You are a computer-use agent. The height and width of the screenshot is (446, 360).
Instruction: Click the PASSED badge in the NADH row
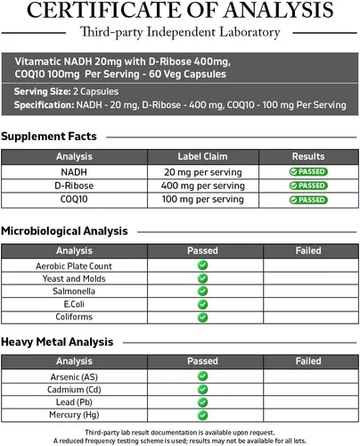click(308, 171)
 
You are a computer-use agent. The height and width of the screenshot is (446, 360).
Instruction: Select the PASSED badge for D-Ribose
click(308, 186)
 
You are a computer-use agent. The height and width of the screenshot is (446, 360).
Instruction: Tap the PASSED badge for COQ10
click(308, 200)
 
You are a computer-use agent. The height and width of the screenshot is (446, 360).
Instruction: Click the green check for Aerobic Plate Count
click(202, 266)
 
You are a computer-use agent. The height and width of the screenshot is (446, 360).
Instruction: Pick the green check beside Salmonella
click(202, 291)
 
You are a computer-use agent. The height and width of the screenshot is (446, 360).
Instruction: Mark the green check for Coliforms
click(202, 317)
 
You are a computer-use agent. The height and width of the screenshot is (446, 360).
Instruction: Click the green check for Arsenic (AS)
click(202, 376)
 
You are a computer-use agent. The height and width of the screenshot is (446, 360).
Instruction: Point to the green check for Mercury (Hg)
click(202, 415)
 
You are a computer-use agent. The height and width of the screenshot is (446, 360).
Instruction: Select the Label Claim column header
click(203, 156)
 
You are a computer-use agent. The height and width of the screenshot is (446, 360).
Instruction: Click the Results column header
click(308, 156)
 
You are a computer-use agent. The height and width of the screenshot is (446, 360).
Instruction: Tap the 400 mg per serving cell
click(203, 186)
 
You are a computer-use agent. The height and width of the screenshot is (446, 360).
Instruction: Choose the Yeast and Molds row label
click(74, 278)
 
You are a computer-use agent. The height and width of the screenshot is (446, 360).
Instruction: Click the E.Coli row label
click(74, 303)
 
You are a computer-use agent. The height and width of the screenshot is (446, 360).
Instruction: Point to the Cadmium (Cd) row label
click(74, 389)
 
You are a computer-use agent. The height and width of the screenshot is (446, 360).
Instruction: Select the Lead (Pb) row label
click(74, 402)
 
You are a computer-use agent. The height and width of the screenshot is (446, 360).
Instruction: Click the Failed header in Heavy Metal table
click(308, 361)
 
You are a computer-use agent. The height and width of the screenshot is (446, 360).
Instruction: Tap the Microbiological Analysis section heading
click(64, 231)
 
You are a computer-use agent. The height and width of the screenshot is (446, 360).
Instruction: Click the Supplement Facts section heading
click(49, 136)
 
